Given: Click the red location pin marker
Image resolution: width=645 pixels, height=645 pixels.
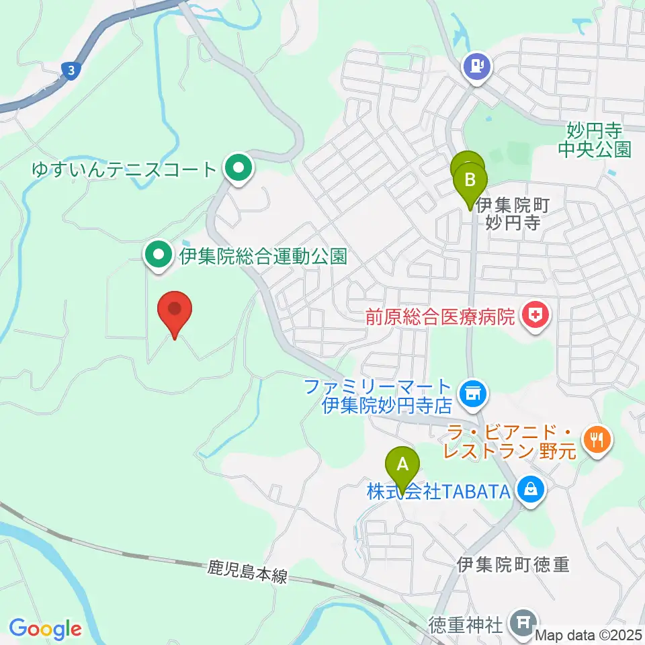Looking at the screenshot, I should click(x=175, y=311).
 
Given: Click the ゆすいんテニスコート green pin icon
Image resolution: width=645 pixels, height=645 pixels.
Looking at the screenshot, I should click(x=237, y=168).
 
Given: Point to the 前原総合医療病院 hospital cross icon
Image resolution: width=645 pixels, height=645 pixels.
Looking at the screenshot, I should click(x=535, y=315).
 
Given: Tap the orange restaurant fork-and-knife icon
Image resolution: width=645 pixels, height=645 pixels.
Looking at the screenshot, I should click(x=596, y=440).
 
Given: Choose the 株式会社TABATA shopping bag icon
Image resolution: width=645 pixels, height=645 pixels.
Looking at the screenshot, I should click(x=531, y=491).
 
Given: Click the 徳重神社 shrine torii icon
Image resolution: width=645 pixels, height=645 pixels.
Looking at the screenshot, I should click(x=523, y=623).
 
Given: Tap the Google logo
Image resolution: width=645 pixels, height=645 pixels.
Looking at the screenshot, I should click(x=45, y=629).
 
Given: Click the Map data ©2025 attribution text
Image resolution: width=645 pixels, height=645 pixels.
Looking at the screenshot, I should click(x=589, y=634).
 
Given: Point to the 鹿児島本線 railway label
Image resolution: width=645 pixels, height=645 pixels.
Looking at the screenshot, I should click(x=247, y=573).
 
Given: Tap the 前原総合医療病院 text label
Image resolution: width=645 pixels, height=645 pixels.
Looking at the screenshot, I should click(x=439, y=315).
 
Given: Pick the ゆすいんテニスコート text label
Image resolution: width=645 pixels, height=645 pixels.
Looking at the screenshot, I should click(x=125, y=168).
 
